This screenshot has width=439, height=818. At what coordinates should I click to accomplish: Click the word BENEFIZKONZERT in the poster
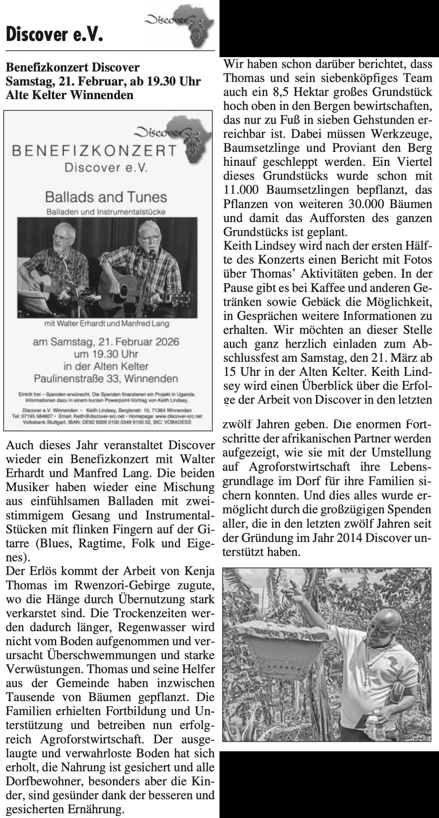click(x=94, y=150)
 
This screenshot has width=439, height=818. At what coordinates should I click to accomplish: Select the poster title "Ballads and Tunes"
click(x=106, y=197)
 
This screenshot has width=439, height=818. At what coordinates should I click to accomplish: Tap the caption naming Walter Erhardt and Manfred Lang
click(x=107, y=324)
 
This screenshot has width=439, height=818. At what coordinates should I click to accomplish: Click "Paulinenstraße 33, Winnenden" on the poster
click(x=106, y=379)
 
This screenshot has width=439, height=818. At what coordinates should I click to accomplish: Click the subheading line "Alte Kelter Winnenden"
click(x=69, y=95)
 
